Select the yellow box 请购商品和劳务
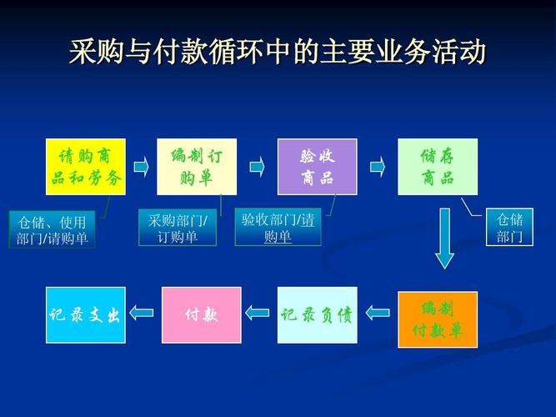point(85,167)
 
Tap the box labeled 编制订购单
point(197,167)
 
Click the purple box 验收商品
point(317,167)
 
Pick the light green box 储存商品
point(438,167)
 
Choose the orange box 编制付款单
point(438,319)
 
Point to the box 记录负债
point(317,314)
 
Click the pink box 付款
point(201,314)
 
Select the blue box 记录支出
point(85,314)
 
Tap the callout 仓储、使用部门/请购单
point(52,229)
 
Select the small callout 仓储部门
point(509,228)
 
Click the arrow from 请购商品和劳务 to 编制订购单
point(141,167)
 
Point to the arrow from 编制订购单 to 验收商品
point(257,167)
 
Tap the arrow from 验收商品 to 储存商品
point(378,167)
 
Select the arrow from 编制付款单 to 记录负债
point(378,314)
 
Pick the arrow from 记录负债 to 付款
point(258,314)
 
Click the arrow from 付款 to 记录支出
point(142,314)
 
